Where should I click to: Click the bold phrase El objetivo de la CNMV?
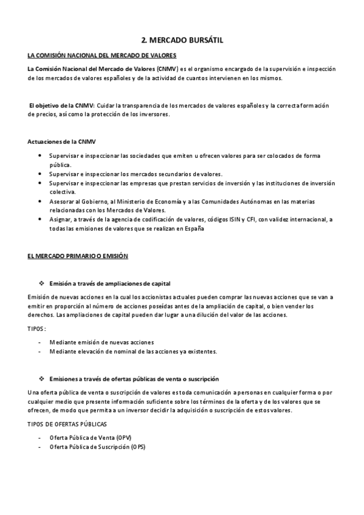click(x=61, y=106)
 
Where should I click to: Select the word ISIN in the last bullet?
click(x=233, y=219)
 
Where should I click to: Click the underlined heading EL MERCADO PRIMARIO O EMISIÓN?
click(x=78, y=257)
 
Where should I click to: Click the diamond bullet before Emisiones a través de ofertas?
click(x=42, y=378)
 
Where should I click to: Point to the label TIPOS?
click(x=38, y=329)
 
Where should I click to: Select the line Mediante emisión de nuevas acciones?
click(x=101, y=342)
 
